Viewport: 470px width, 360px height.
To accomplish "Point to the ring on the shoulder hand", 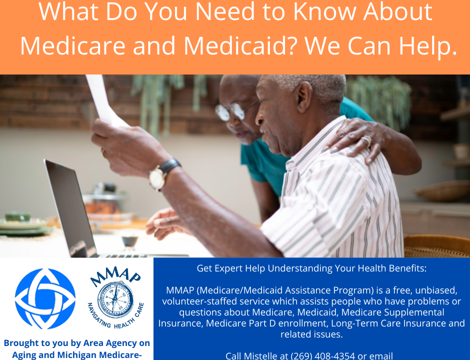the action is coord(367,140).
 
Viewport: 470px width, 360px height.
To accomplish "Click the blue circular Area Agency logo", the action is coord(45,298).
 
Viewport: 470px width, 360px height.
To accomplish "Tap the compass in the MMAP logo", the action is coord(115,299).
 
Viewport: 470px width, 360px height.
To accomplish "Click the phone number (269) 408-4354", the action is coord(323,356).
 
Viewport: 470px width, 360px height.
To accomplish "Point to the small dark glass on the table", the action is coord(130,240).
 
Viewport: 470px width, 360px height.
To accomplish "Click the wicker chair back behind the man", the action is coord(436,246).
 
